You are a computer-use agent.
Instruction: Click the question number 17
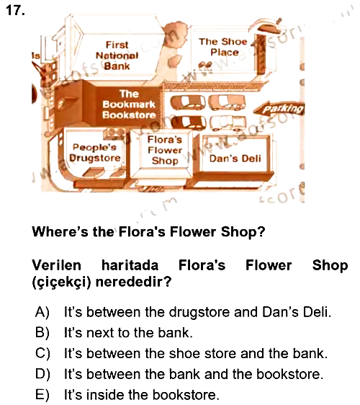click(x=15, y=10)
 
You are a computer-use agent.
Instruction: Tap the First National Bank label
click(x=117, y=55)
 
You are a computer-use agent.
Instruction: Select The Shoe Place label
click(x=223, y=47)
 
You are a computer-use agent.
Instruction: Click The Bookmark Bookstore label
click(x=129, y=104)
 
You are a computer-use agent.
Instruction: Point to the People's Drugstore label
click(x=95, y=153)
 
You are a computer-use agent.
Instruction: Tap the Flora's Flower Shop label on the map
click(x=165, y=150)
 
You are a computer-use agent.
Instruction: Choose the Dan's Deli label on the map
click(x=235, y=159)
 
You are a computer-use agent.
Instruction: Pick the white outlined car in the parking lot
click(x=228, y=123)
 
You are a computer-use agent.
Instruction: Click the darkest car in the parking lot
click(x=189, y=123)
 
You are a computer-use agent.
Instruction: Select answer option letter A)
click(x=42, y=312)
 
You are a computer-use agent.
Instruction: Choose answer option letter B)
click(x=42, y=332)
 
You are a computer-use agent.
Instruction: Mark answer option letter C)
click(x=42, y=353)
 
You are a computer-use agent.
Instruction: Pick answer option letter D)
click(x=42, y=374)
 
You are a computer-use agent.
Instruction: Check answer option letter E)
click(x=42, y=395)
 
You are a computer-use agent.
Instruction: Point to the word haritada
click(x=130, y=265)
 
